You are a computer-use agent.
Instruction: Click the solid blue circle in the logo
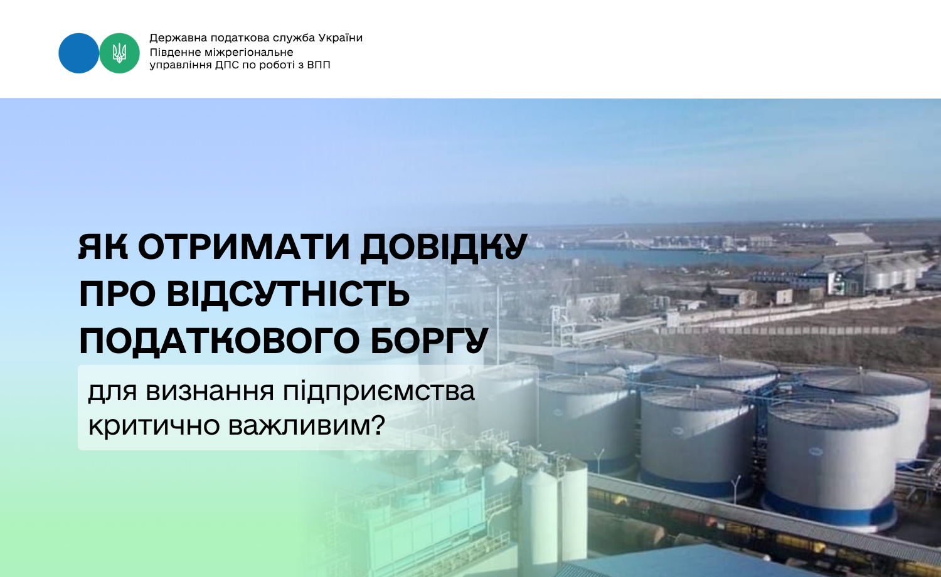[78, 53]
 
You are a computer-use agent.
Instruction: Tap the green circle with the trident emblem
[119, 53]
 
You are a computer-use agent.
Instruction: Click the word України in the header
[340, 38]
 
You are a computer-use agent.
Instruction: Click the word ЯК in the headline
[103, 247]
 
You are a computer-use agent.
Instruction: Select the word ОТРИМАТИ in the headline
[244, 247]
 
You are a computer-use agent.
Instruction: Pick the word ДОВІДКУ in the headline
[444, 248]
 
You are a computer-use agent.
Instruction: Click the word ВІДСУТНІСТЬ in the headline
[288, 294]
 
